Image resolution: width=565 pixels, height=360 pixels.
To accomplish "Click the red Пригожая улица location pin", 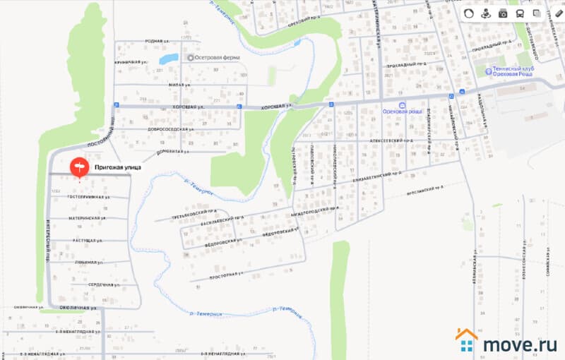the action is click(x=79, y=167).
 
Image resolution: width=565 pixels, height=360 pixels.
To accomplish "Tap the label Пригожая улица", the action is click(x=118, y=168).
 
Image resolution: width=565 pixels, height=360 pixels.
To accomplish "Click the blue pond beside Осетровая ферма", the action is click(x=169, y=59).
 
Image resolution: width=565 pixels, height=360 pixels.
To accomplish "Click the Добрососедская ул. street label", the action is click(x=167, y=130).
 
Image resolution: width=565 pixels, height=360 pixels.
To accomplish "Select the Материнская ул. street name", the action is click(x=87, y=218).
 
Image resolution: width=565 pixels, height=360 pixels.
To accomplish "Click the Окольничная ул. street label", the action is click(x=77, y=308).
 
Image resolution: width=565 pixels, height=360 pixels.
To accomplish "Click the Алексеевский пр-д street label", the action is click(x=391, y=140).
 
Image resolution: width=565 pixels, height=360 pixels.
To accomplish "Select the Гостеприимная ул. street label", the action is click(x=89, y=197).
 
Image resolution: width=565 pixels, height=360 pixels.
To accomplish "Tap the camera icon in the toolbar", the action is click(x=503, y=13).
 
